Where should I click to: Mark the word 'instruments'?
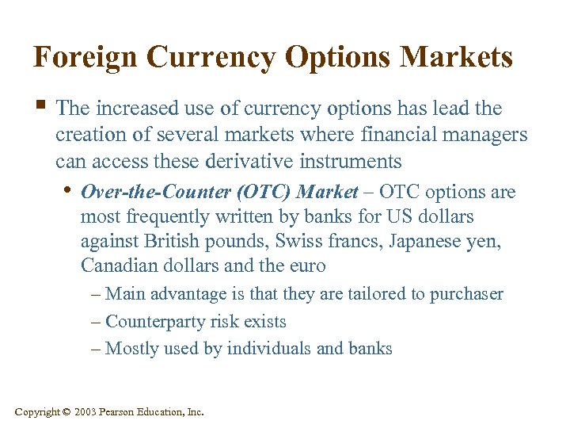pos(349,162)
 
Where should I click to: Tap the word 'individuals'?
pos(261,349)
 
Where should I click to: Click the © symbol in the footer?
pos(66,411)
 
